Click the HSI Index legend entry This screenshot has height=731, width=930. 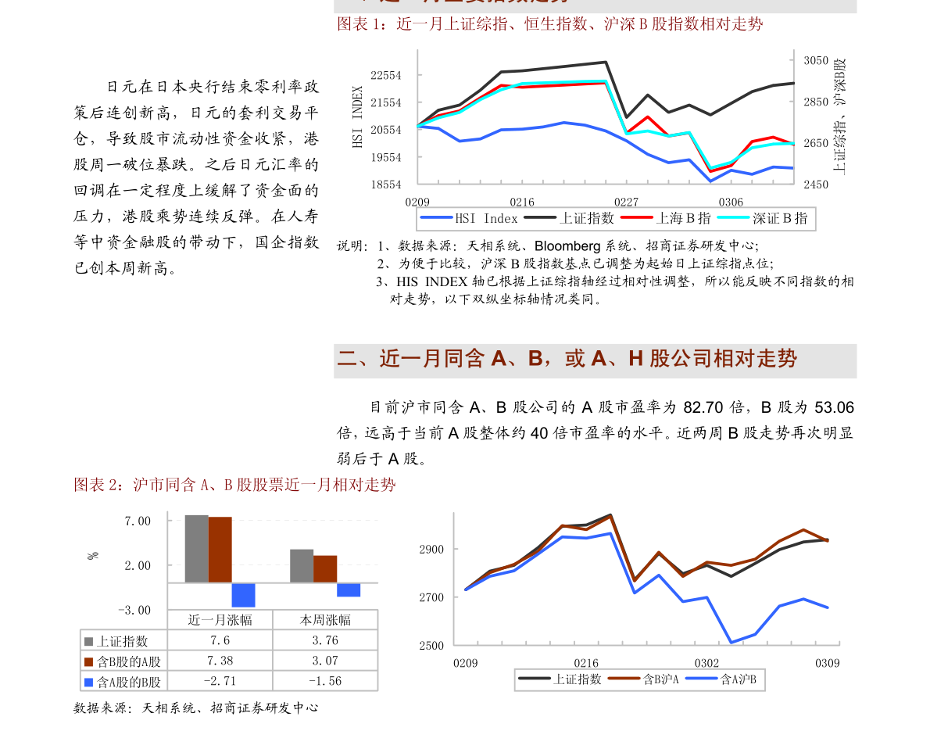click(470, 219)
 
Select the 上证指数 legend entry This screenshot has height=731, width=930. click(570, 219)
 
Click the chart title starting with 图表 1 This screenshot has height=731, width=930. click(549, 24)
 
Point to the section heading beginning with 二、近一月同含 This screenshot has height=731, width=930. click(567, 359)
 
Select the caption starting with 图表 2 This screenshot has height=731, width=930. click(234, 485)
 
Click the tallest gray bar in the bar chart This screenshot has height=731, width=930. click(196, 548)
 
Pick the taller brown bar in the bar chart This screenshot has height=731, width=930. click(220, 550)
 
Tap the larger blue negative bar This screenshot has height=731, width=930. click(243, 595)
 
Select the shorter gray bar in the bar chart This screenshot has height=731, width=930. click(302, 565)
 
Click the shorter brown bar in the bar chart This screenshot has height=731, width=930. click(325, 568)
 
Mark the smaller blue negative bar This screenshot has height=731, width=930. click(349, 590)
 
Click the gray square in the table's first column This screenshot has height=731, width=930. click(88, 642)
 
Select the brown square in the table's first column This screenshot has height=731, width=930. click(88, 662)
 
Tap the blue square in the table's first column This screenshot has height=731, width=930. click(88, 683)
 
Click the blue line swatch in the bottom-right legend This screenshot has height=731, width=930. click(701, 678)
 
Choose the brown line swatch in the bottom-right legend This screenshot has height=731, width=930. click(624, 678)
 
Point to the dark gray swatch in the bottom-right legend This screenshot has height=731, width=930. click(534, 678)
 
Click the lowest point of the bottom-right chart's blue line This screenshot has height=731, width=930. click(731, 643)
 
